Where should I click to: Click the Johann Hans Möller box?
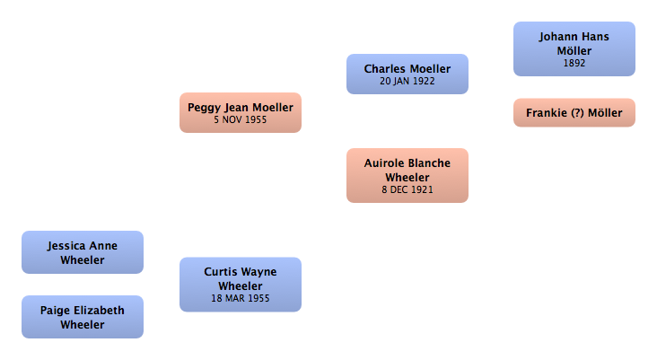coord(574,49)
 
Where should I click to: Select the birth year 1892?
coord(574,63)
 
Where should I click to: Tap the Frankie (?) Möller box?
coord(574,113)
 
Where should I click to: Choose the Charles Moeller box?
coord(407,75)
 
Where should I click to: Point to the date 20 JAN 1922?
coord(407,82)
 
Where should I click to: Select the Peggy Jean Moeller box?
coord(241,113)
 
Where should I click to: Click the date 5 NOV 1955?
coord(241,120)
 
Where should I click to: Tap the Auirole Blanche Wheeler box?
coord(407,176)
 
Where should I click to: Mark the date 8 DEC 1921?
coord(407,189)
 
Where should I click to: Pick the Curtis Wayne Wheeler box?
coord(241,285)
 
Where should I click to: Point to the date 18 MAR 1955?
coord(241,298)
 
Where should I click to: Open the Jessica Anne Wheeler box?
coord(83,252)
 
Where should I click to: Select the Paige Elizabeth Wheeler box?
coord(83,317)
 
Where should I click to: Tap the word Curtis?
coord(220,272)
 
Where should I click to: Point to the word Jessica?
coord(65,246)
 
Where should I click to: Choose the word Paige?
coord(54,311)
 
